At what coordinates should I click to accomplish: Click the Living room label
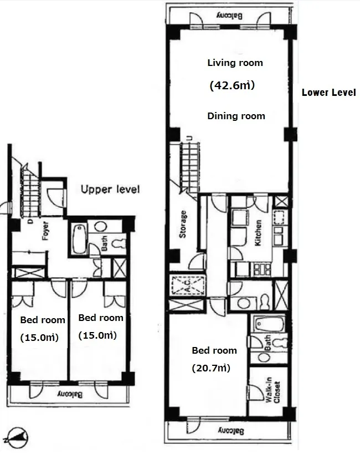coord(235,63)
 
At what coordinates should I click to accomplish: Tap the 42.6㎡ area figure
coord(232,85)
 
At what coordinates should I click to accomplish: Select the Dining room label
coord(236,116)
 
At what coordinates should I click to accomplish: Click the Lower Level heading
coord(329,93)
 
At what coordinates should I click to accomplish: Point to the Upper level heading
coord(110,190)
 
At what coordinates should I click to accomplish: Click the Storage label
coord(183,225)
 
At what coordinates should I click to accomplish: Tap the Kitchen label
coord(258,233)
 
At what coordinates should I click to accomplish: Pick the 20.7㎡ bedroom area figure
coord(211,368)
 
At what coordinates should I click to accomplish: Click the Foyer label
coord(45,231)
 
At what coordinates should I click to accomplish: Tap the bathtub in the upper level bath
coord(79,239)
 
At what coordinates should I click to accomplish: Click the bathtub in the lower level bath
coord(269,324)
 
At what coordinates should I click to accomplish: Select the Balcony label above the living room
coord(229,16)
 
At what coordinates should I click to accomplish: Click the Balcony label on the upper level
coord(70,394)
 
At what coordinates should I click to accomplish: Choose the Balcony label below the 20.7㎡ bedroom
coord(230,431)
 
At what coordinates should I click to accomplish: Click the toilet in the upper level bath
coord(120,244)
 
